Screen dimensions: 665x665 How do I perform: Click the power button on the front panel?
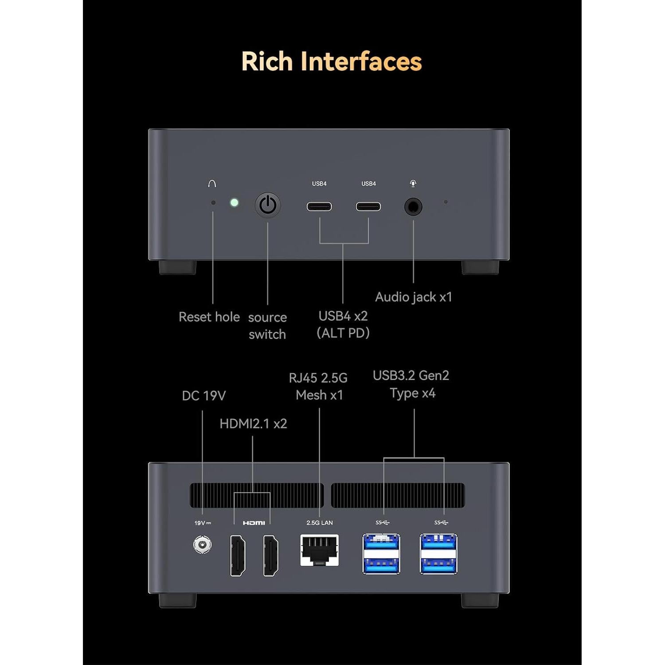tap(268, 205)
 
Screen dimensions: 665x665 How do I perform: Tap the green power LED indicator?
tap(234, 203)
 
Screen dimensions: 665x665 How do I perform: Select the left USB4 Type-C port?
tap(319, 206)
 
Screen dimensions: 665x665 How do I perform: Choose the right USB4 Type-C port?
tap(368, 206)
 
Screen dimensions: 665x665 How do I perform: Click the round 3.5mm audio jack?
tap(413, 207)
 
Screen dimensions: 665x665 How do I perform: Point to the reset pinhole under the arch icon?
tap(213, 203)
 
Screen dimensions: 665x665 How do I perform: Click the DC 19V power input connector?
tap(203, 544)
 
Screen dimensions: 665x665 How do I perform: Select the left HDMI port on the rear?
tap(238, 555)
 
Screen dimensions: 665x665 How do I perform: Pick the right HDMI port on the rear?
tap(271, 555)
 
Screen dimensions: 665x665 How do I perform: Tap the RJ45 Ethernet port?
tap(320, 550)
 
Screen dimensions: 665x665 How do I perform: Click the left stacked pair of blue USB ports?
tap(381, 554)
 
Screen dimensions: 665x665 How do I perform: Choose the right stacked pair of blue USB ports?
tap(438, 554)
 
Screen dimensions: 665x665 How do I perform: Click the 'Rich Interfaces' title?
tap(332, 61)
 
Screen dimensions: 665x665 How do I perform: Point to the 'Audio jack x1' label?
tap(414, 297)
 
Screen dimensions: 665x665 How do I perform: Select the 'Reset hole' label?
tap(209, 317)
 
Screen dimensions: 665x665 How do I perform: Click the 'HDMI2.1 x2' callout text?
tap(253, 423)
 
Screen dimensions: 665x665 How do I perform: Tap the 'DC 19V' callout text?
tap(204, 395)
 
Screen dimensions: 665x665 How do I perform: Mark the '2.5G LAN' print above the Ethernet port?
tap(320, 523)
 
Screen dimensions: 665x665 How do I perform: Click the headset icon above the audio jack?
tap(413, 183)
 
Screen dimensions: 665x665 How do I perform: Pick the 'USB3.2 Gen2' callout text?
tap(411, 376)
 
